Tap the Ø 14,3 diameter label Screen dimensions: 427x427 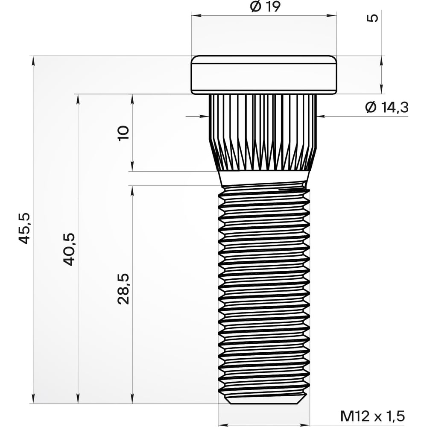[387, 107]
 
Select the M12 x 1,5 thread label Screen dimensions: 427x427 [372, 415]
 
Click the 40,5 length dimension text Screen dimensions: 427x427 [69, 249]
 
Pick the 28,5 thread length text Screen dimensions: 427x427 [123, 289]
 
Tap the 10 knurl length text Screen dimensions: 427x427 [123, 133]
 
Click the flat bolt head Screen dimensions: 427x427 [263, 75]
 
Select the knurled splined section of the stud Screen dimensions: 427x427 [263, 132]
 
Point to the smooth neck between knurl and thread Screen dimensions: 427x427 [263, 178]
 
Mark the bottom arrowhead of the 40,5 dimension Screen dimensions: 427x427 [78, 400]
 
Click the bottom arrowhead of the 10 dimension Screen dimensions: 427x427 [132, 167]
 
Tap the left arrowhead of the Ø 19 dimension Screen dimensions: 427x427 [195, 16]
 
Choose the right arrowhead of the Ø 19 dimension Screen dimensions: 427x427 [333, 16]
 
